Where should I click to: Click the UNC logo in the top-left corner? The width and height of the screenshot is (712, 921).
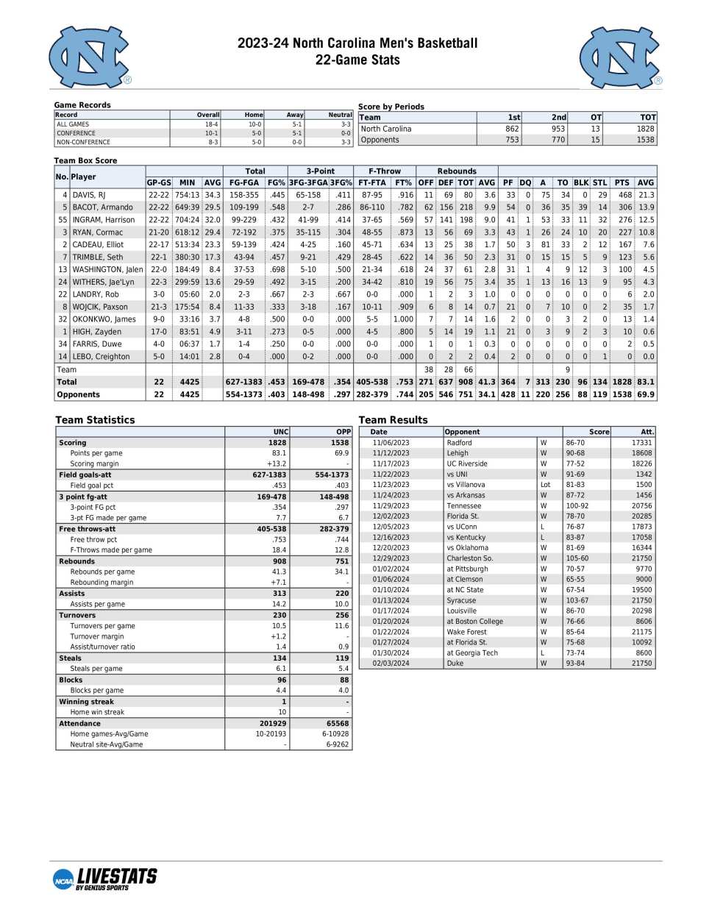pyautogui.click(x=89, y=57)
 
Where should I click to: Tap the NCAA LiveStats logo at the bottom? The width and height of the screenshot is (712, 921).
pyautogui.click(x=105, y=878)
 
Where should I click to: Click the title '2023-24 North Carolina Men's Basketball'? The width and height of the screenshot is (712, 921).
pyautogui.click(x=357, y=43)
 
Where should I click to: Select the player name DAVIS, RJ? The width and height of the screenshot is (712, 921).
pyautogui.click(x=89, y=195)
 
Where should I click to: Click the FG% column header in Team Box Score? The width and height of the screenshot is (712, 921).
pyautogui.click(x=277, y=182)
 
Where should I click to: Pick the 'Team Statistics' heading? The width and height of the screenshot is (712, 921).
pyautogui.click(x=95, y=420)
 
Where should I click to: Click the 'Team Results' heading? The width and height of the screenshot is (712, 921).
pyautogui.click(x=393, y=420)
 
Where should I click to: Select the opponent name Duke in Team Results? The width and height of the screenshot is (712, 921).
pyautogui.click(x=455, y=663)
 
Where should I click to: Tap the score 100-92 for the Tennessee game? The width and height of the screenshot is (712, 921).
pyautogui.click(x=577, y=505)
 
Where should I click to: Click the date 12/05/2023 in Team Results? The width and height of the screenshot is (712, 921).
pyautogui.click(x=391, y=527)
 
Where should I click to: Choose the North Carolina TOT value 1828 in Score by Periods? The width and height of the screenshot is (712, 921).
pyautogui.click(x=645, y=129)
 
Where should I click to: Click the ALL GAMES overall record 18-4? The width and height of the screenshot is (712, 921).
pyautogui.click(x=211, y=124)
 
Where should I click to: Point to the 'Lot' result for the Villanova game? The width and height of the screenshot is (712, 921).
pyautogui.click(x=545, y=485)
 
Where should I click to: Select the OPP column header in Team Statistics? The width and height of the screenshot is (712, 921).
pyautogui.click(x=343, y=432)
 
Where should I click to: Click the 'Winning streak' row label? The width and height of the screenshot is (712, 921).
pyautogui.click(x=87, y=702)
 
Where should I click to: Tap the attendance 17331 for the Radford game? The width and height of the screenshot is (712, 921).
pyautogui.click(x=641, y=443)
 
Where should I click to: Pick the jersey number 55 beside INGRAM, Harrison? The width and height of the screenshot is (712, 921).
pyautogui.click(x=63, y=220)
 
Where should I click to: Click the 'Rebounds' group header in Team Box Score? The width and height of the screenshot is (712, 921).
pyautogui.click(x=457, y=171)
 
